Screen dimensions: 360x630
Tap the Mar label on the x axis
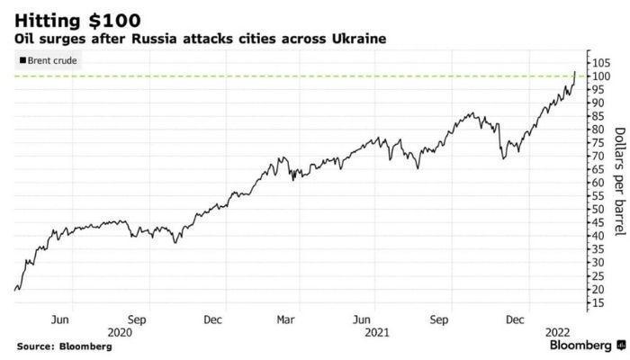285,319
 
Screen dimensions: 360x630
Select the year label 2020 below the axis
120,332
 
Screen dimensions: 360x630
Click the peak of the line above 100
575,70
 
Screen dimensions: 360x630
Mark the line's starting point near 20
16,290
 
